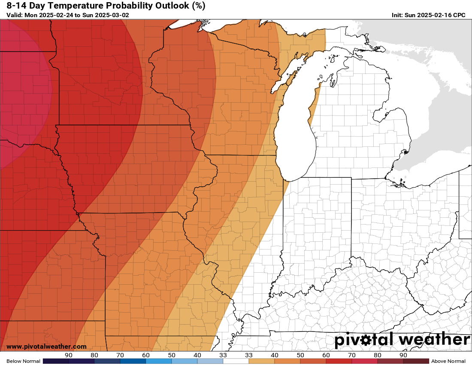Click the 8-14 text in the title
(x=16, y=6)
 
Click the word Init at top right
(x=397, y=15)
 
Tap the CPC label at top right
(x=458, y=15)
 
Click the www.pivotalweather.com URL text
(x=46, y=347)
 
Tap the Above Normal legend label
(x=448, y=361)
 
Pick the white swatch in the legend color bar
(x=236, y=361)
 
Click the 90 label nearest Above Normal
(x=403, y=355)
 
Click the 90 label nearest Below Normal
(x=69, y=355)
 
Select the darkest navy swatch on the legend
(x=56, y=361)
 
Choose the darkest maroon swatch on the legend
(x=416, y=361)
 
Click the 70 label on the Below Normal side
(x=120, y=355)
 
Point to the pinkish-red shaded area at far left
(x=21, y=94)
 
